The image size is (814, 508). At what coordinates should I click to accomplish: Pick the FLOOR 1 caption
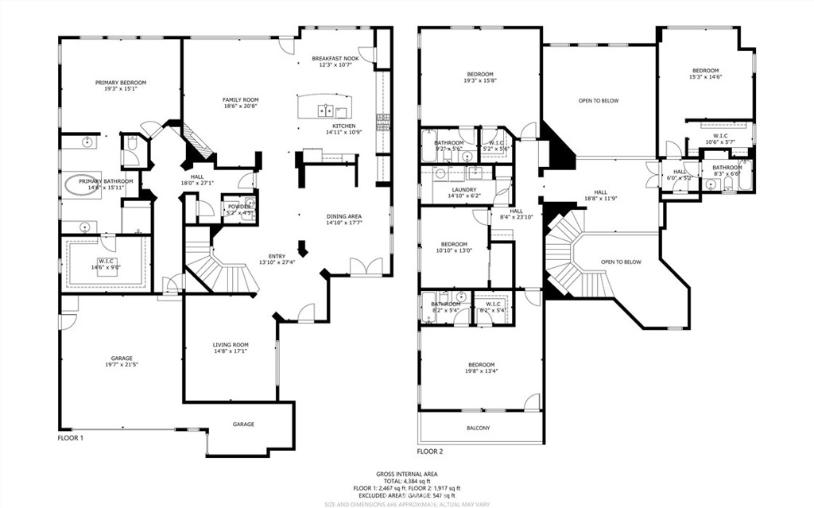coord(71,437)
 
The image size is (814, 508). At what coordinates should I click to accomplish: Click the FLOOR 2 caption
coord(429,451)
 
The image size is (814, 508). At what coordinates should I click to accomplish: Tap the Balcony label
coord(478,429)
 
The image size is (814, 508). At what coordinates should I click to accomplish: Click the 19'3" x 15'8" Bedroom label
coord(479,77)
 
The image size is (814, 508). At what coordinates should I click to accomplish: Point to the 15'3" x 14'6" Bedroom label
coord(705,74)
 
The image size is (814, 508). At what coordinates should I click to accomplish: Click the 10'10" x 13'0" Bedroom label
coord(455,247)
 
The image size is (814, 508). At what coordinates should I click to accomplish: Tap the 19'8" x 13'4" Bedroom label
coord(481,367)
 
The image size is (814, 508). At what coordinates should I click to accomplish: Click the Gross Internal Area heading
coord(406,473)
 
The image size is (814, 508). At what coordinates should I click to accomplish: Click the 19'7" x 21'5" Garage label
coord(122,361)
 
